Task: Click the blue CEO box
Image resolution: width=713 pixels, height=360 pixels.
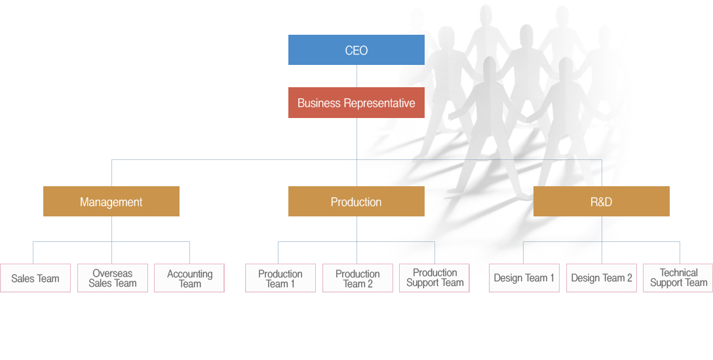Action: point(356,50)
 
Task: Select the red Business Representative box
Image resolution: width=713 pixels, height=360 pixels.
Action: point(356,103)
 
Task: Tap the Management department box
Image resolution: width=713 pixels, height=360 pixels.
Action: point(111,201)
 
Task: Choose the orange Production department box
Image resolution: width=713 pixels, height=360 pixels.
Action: point(356,201)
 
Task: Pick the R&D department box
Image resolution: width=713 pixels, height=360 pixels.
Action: point(602,201)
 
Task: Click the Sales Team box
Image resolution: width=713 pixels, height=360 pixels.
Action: point(35,278)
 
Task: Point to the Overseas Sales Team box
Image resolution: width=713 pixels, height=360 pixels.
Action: point(113,278)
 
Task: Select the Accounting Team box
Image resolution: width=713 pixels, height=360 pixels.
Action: point(189,278)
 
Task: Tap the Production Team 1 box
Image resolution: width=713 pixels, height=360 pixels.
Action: point(280,278)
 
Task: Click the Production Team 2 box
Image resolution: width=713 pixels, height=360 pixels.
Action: point(358,278)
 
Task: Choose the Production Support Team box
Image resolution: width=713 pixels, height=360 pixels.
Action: point(434,278)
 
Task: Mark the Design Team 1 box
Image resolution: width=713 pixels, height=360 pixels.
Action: point(524,278)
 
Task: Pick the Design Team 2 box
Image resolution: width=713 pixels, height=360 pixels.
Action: point(602,278)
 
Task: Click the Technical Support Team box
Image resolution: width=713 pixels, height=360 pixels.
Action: point(678,278)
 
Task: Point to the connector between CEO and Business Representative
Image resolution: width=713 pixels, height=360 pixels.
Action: point(356,76)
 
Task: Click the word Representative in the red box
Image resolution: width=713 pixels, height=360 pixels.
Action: point(379,104)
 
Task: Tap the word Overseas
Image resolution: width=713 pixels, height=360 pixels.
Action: point(113,273)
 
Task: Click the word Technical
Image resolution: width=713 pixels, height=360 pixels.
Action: point(679,273)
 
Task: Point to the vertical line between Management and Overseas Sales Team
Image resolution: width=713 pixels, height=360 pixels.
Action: point(112,240)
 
